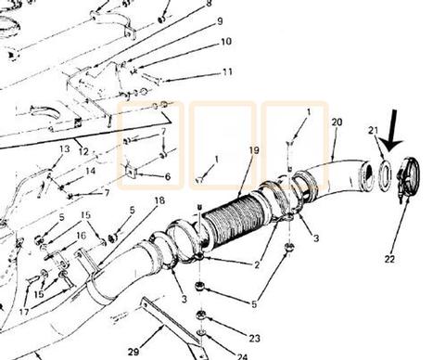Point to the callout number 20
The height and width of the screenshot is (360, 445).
point(336,122)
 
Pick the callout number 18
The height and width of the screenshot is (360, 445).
point(159,200)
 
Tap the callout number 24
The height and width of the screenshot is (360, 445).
point(243,355)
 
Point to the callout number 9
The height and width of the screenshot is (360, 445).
point(219,21)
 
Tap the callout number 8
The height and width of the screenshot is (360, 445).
point(208,5)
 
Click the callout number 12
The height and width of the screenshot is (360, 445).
point(83,151)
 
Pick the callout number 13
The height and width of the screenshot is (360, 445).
point(65,149)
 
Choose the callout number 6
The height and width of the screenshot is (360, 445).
point(168,176)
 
